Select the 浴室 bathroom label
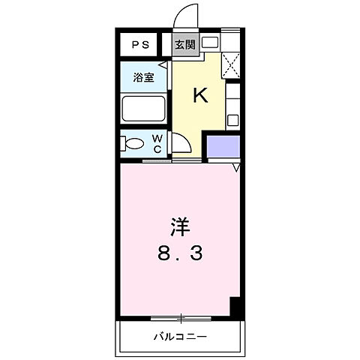tap(144, 77)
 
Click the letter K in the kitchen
tap(200, 95)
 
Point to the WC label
tap(158, 142)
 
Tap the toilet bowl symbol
tap(134, 144)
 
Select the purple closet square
tap(223, 146)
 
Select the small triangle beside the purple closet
tap(235, 168)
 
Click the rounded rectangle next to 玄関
tap(209, 43)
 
